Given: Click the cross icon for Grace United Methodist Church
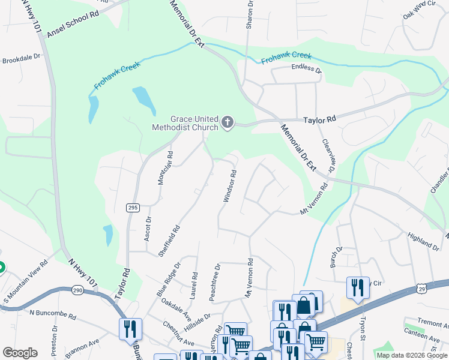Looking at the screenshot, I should coord(227,122).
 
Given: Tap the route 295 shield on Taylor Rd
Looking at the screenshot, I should coord(133,208).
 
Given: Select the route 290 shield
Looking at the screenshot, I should coord(79,290).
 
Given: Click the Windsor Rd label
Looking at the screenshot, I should coord(230,185).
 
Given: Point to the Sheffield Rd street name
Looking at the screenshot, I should coord(169,241).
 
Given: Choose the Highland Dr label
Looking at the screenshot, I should coord(423,242).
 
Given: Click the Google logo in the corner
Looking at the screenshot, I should coord(20,353).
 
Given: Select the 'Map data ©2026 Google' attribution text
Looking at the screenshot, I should coord(411,355).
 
